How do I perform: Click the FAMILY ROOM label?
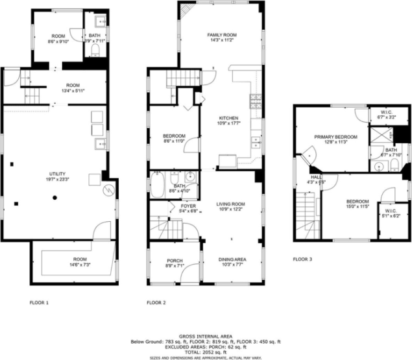(222, 34)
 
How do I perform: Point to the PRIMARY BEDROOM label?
(335, 137)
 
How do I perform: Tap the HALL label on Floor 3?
(316, 176)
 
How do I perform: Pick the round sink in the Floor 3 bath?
(378, 165)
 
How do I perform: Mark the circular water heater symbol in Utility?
(109, 190)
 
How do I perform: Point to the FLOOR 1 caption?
(39, 302)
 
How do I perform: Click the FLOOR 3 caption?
(302, 259)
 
